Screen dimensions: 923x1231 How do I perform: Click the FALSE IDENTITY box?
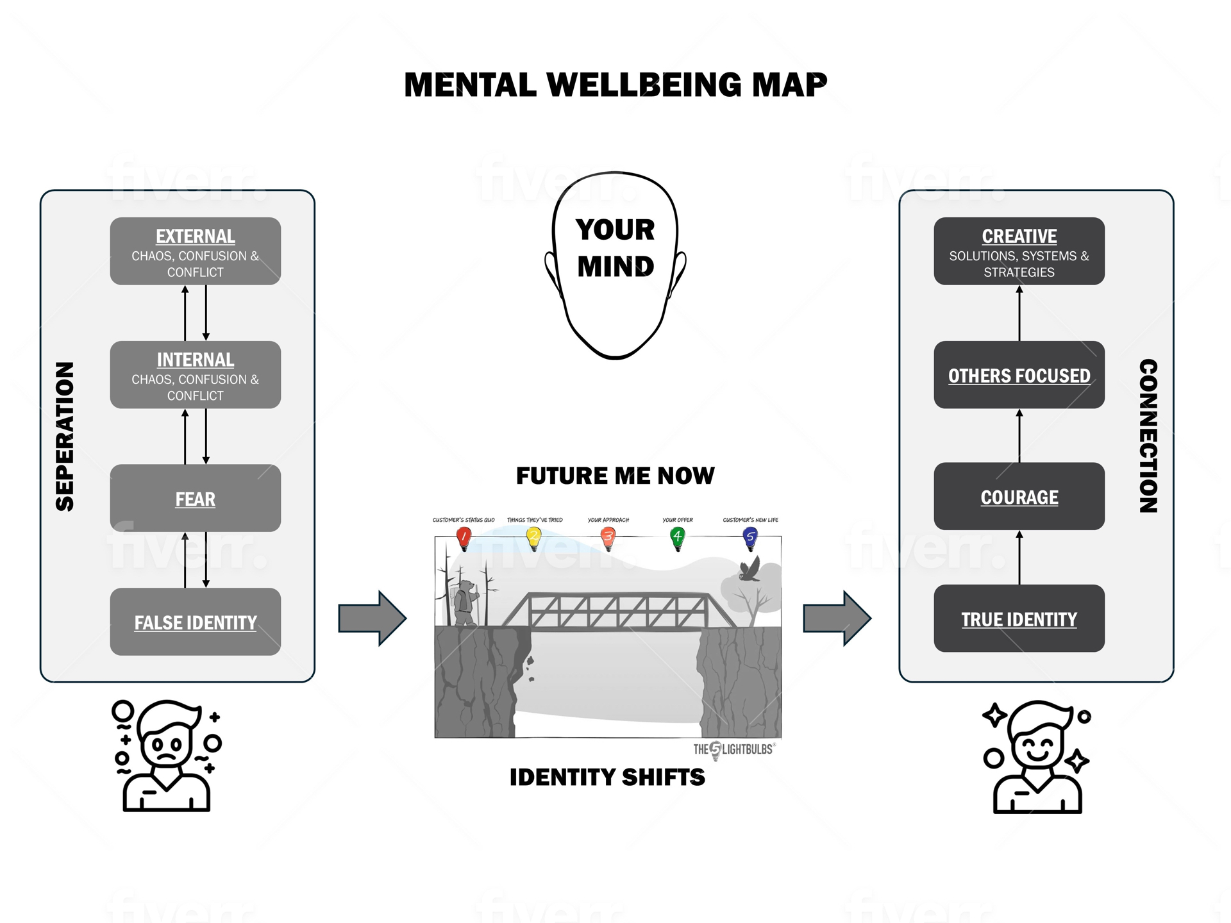[195, 621]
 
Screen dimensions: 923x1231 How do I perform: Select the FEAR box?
[195, 498]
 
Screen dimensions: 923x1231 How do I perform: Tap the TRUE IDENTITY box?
[1019, 619]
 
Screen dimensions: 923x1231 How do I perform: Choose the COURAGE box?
[1019, 496]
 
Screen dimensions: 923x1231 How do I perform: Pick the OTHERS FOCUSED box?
[1019, 375]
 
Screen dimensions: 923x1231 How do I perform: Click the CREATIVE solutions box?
[1019, 251]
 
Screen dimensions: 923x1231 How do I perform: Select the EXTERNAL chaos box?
[195, 251]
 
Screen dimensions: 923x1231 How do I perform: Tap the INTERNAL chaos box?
[195, 375]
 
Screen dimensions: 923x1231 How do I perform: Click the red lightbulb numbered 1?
[464, 537]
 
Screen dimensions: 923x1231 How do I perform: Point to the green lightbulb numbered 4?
[677, 537]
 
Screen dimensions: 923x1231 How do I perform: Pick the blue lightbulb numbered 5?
[749, 537]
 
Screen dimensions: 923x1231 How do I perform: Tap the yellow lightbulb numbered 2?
[533, 537]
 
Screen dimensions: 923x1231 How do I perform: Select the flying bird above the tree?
[749, 569]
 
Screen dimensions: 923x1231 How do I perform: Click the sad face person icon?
[167, 756]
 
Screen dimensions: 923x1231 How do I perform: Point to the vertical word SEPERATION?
[65, 437]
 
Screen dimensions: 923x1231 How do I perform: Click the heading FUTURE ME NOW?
[615, 476]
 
